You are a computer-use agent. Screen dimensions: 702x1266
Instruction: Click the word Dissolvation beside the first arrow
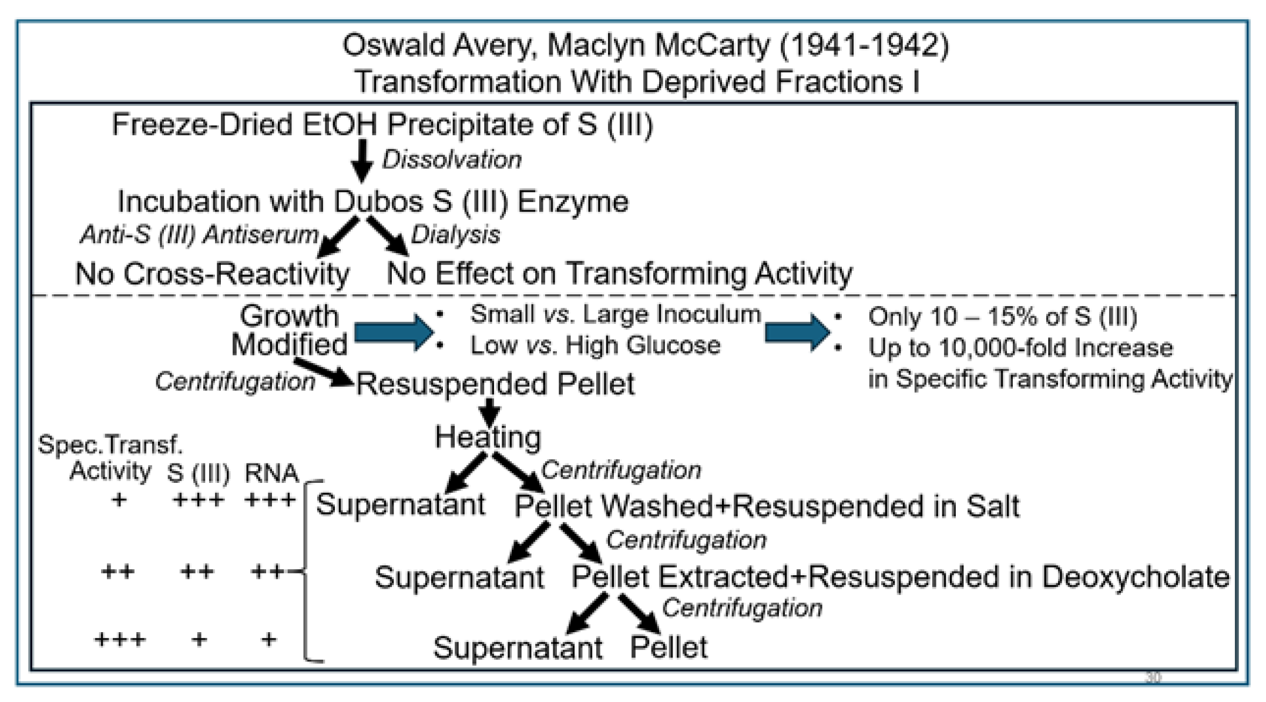pos(451,160)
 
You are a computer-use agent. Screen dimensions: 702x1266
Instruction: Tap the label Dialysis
pos(455,235)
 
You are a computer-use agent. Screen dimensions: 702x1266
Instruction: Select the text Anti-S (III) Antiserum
pos(199,235)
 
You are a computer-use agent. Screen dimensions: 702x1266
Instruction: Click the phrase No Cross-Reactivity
pos(213,274)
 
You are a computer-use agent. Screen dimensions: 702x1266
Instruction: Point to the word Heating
pos(488,438)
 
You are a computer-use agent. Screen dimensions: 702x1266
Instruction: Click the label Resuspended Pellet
pos(495,384)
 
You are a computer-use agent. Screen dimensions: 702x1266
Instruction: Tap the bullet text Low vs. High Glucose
pos(595,345)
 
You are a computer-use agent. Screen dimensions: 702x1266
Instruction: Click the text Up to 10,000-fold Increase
pos(1020,348)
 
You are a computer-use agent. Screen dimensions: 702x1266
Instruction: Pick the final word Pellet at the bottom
pos(669,648)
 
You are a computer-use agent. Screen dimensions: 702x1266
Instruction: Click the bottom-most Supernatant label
pos(518,648)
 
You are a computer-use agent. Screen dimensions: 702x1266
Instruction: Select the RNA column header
pos(271,473)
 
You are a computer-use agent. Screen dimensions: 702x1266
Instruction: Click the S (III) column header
pos(198,473)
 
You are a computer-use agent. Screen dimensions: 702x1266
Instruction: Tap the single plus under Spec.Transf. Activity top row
pos(119,501)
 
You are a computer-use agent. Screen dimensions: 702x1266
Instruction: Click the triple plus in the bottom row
pos(120,639)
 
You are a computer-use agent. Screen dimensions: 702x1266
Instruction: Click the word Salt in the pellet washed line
pos(993,506)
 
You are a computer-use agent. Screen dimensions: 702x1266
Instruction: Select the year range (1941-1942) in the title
pos(864,46)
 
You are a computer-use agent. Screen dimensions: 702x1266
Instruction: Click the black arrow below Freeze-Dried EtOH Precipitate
pos(362,160)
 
